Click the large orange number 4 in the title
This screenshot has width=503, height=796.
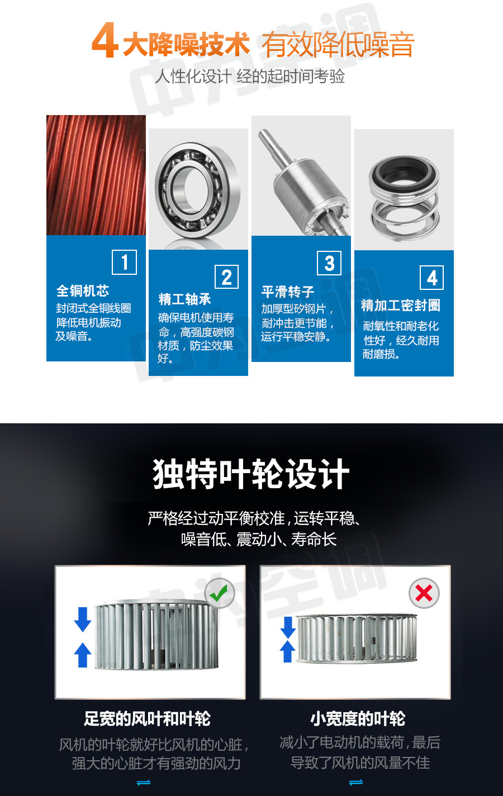(x=105, y=40)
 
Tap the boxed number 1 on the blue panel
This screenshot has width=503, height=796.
(x=125, y=262)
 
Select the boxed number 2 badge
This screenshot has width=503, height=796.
(x=227, y=277)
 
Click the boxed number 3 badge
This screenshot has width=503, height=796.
(x=329, y=263)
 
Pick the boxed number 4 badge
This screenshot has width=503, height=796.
(x=432, y=278)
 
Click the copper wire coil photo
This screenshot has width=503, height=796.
(x=96, y=175)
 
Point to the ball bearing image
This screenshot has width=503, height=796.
(x=198, y=190)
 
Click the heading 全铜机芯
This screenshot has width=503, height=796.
(x=83, y=290)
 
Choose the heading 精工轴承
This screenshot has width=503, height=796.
(x=185, y=299)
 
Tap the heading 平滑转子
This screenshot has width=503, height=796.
(x=288, y=292)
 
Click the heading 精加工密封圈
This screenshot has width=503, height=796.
(x=401, y=305)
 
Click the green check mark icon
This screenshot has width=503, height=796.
(x=220, y=593)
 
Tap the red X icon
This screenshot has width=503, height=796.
(x=424, y=593)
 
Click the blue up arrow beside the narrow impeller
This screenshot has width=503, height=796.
(x=288, y=651)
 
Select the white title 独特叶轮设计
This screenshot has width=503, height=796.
(x=251, y=474)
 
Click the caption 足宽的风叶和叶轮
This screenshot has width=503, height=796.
(x=147, y=718)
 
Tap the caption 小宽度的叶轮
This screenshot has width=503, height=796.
(x=358, y=718)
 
